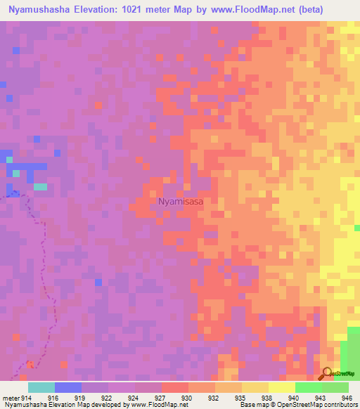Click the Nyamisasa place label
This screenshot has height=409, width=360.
181,201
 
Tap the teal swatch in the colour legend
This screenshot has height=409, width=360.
41,387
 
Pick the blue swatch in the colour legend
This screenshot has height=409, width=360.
68,387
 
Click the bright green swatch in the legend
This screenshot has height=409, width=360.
309,387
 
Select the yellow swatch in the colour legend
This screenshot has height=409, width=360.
282,387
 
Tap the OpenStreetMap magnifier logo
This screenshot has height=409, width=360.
327,372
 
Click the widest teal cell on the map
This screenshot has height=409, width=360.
41,187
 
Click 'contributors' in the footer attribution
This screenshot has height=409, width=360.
339,404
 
